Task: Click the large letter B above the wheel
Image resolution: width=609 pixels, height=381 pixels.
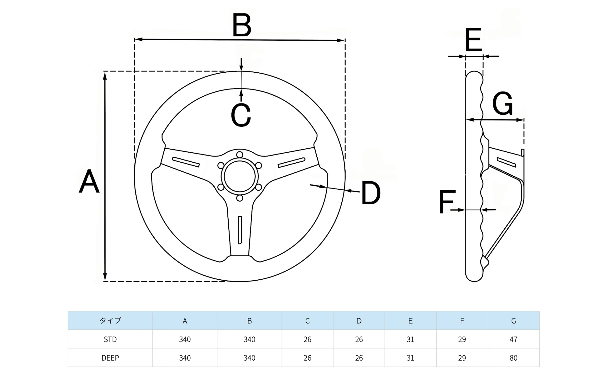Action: pyautogui.click(x=242, y=25)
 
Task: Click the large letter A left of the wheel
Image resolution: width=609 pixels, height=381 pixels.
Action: pyautogui.click(x=89, y=181)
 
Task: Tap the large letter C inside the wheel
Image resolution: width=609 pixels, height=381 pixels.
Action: pyautogui.click(x=241, y=115)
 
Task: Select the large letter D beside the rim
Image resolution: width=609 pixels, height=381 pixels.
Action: pyautogui.click(x=370, y=193)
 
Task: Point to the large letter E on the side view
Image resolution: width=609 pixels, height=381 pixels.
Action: pyautogui.click(x=473, y=40)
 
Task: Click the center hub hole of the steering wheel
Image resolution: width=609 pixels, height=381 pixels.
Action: pyautogui.click(x=240, y=176)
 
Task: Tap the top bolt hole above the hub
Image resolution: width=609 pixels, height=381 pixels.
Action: pyautogui.click(x=240, y=155)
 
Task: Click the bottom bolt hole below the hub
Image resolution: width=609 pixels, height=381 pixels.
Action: pyautogui.click(x=240, y=198)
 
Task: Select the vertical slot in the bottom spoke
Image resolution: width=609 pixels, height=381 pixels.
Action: pyautogui.click(x=240, y=230)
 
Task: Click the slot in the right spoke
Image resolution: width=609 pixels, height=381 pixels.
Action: pyautogui.click(x=291, y=163)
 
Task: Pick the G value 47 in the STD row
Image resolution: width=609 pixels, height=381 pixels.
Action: pyautogui.click(x=513, y=339)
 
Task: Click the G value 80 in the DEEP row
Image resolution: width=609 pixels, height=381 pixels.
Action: pyautogui.click(x=513, y=358)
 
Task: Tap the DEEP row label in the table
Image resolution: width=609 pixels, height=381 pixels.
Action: pyautogui.click(x=110, y=358)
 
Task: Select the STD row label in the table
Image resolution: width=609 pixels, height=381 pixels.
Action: pyautogui.click(x=110, y=339)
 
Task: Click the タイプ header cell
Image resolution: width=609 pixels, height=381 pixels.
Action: pyautogui.click(x=110, y=320)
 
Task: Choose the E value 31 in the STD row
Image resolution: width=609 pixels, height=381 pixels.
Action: pyautogui.click(x=410, y=339)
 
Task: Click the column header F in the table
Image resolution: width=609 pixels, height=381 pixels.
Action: pyautogui.click(x=462, y=320)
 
